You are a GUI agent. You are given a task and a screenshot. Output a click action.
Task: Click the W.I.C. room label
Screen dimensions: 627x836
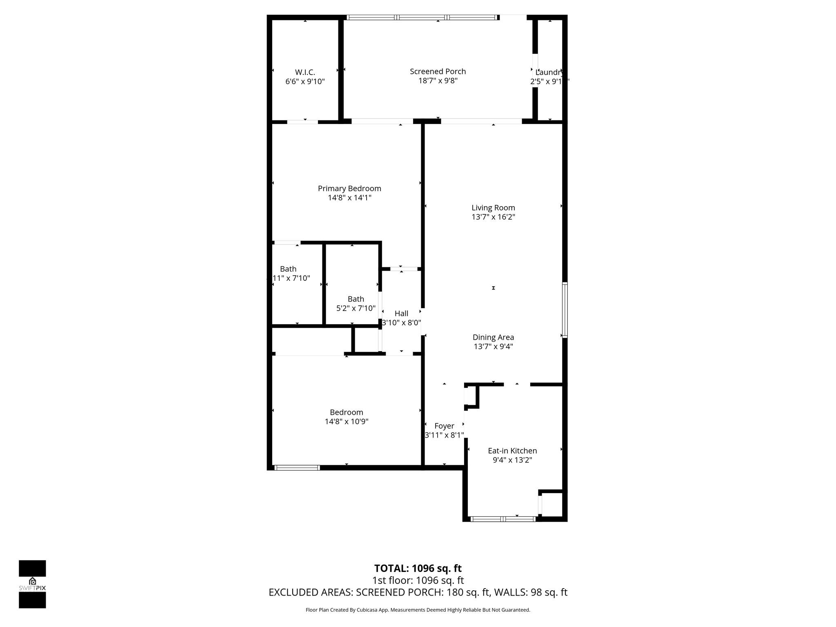click(305, 72)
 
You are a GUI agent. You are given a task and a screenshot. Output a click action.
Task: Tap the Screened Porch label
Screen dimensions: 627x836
click(438, 71)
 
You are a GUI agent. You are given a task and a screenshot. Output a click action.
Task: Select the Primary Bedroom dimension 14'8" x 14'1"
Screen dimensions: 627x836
click(349, 198)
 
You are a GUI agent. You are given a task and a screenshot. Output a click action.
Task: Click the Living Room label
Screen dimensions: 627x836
click(493, 208)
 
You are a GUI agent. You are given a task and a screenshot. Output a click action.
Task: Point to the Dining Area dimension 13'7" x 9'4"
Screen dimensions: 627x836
click(493, 347)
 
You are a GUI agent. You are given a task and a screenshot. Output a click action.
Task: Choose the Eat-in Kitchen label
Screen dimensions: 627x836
click(512, 451)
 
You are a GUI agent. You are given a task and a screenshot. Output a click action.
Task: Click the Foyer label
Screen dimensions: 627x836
click(444, 426)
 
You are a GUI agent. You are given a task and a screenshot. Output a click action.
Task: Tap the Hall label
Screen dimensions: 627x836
click(401, 313)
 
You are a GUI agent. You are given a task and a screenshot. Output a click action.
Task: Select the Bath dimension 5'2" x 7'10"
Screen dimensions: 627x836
click(356, 308)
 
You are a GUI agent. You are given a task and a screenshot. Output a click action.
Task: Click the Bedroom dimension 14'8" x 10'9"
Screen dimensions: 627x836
click(347, 422)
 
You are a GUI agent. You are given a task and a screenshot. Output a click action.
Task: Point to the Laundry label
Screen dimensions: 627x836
click(549, 72)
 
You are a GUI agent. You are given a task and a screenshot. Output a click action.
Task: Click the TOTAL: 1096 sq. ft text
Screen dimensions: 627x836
click(418, 568)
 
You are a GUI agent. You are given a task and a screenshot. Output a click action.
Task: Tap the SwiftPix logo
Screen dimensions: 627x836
click(32, 584)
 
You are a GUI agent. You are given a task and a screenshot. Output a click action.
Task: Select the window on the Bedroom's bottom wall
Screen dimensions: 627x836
click(297, 468)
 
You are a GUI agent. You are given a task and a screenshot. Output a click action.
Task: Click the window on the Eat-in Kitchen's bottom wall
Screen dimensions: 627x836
click(503, 519)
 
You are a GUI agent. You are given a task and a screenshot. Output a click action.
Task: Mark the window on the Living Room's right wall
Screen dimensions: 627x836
click(565, 310)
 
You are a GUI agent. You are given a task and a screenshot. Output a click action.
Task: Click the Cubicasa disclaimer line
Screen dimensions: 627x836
click(418, 610)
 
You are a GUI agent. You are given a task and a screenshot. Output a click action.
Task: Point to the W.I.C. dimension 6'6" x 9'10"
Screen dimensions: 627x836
click(305, 82)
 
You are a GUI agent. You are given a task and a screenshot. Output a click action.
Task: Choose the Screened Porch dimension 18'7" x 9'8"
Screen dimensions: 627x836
click(438, 81)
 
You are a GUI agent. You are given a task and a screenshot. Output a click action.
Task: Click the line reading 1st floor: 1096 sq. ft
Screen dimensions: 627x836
click(418, 580)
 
